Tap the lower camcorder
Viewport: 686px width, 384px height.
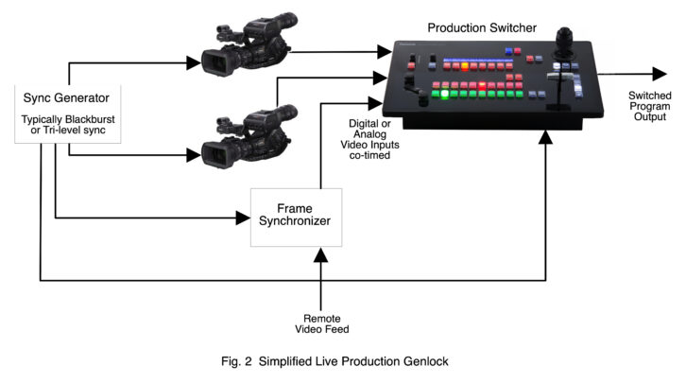click(x=241, y=138)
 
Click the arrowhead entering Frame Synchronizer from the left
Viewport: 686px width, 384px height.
click(x=242, y=218)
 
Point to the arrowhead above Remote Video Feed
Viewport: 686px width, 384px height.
click(x=321, y=255)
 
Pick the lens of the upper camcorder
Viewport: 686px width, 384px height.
click(x=214, y=62)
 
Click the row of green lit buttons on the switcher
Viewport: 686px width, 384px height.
click(x=477, y=94)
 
